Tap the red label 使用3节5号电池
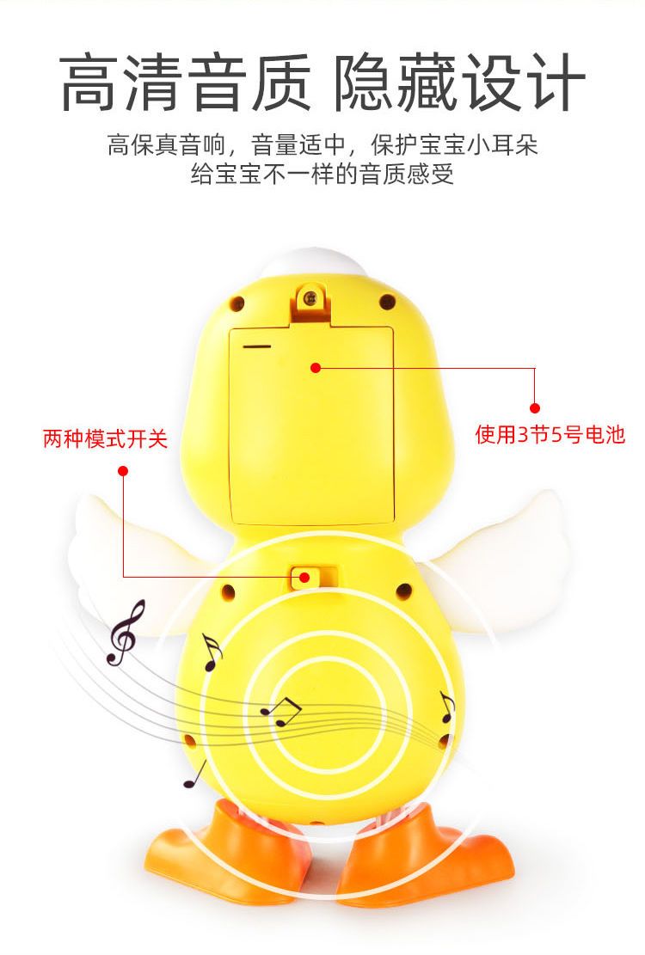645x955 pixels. [x=550, y=435]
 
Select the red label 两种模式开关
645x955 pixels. [x=105, y=438]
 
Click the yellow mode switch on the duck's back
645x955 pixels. [x=303, y=577]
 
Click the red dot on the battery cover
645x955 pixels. [x=315, y=367]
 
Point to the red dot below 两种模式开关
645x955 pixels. [x=123, y=471]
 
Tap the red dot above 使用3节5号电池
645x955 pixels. [x=535, y=407]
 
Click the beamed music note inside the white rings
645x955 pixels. [x=280, y=712]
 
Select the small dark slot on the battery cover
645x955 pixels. [x=256, y=346]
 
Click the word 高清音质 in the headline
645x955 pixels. [x=185, y=83]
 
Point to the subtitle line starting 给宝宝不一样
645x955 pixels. [x=322, y=174]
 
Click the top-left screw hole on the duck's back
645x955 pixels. [x=236, y=303]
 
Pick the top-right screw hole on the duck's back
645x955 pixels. [x=387, y=301]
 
